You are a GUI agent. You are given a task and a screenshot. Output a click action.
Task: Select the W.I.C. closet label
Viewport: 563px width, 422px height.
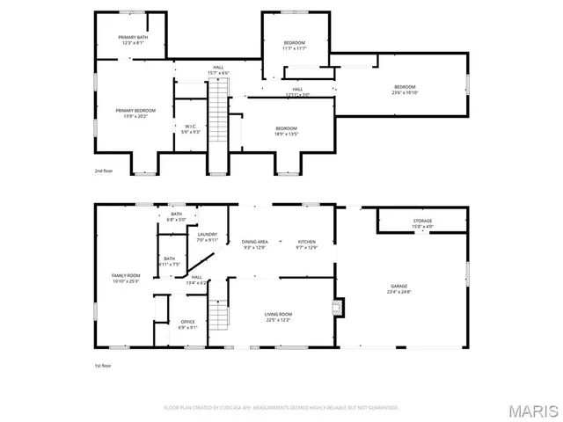point(191,129)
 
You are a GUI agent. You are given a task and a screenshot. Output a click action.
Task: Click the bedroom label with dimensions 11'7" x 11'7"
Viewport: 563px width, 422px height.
point(294,46)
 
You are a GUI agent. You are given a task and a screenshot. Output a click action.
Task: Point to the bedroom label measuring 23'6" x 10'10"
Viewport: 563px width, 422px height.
point(404,90)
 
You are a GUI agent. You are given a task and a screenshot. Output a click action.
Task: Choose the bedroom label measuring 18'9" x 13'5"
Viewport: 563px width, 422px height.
point(288,132)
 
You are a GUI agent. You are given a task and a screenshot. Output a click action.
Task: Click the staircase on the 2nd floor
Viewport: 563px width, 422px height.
point(217,123)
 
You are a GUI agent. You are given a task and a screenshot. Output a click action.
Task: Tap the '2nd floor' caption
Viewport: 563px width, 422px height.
point(105,171)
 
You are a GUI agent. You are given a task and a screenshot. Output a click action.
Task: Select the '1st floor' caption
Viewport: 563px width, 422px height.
point(104,365)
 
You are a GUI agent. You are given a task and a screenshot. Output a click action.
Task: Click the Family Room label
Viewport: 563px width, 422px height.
point(126,280)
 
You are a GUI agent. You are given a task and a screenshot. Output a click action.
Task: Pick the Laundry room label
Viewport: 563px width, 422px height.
point(207,237)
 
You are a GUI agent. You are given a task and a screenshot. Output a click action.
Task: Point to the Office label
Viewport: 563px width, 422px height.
point(188,324)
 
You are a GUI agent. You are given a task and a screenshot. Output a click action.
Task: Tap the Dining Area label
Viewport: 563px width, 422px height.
point(254,244)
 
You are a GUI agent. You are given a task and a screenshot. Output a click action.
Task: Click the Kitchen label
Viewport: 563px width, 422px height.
point(306,244)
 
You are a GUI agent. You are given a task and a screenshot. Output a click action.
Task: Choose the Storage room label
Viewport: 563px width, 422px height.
point(422,223)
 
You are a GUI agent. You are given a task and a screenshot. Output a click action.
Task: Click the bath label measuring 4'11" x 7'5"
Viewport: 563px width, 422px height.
point(169,261)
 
